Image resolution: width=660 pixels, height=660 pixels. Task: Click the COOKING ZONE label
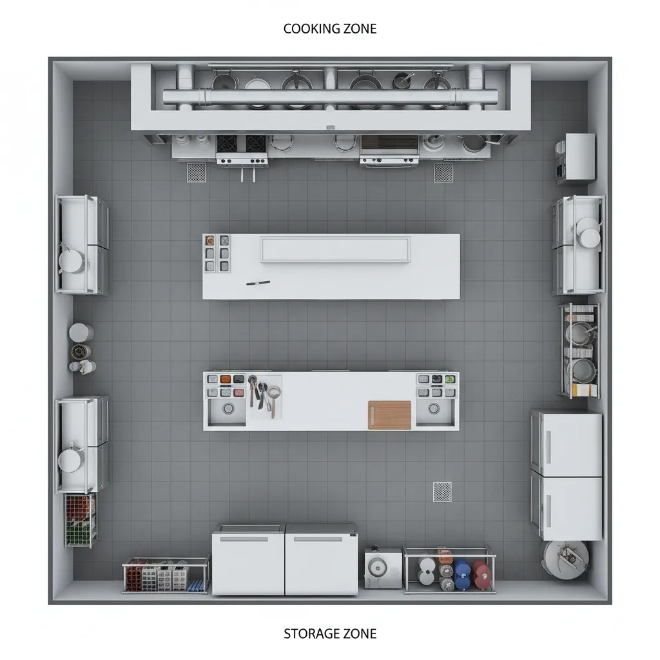330,29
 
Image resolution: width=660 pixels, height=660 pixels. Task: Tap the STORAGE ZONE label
330,634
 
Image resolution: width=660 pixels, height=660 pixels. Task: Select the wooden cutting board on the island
389,414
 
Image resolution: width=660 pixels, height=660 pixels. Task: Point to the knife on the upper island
258,282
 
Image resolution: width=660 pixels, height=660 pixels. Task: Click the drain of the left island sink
228,409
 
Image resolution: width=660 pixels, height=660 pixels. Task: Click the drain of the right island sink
433,409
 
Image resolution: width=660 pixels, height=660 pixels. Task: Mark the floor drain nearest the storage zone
442,491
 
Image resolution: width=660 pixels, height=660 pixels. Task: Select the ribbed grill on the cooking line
389,143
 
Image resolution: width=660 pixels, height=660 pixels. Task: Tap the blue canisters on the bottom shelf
462,574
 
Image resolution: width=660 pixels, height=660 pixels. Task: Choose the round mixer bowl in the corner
565,557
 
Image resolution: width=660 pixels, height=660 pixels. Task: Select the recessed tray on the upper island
335,249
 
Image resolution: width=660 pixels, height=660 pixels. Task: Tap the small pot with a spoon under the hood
403,81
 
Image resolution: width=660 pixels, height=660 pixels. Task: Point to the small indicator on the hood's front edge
331,128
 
